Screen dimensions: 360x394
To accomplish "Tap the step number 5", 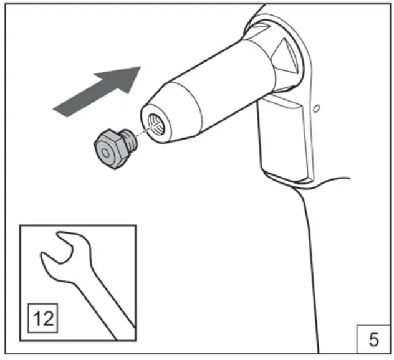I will (373, 339).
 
